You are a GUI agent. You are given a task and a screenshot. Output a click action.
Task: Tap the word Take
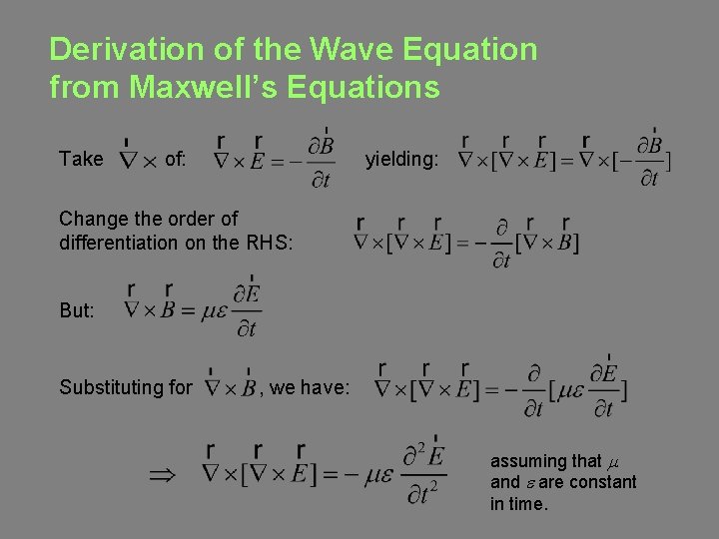pyautogui.click(x=81, y=159)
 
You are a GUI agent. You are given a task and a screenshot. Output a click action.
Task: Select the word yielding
pyautogui.click(x=399, y=159)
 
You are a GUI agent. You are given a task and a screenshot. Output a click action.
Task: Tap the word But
pyautogui.click(x=77, y=310)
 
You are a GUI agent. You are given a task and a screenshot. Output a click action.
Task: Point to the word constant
pyautogui.click(x=602, y=482)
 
